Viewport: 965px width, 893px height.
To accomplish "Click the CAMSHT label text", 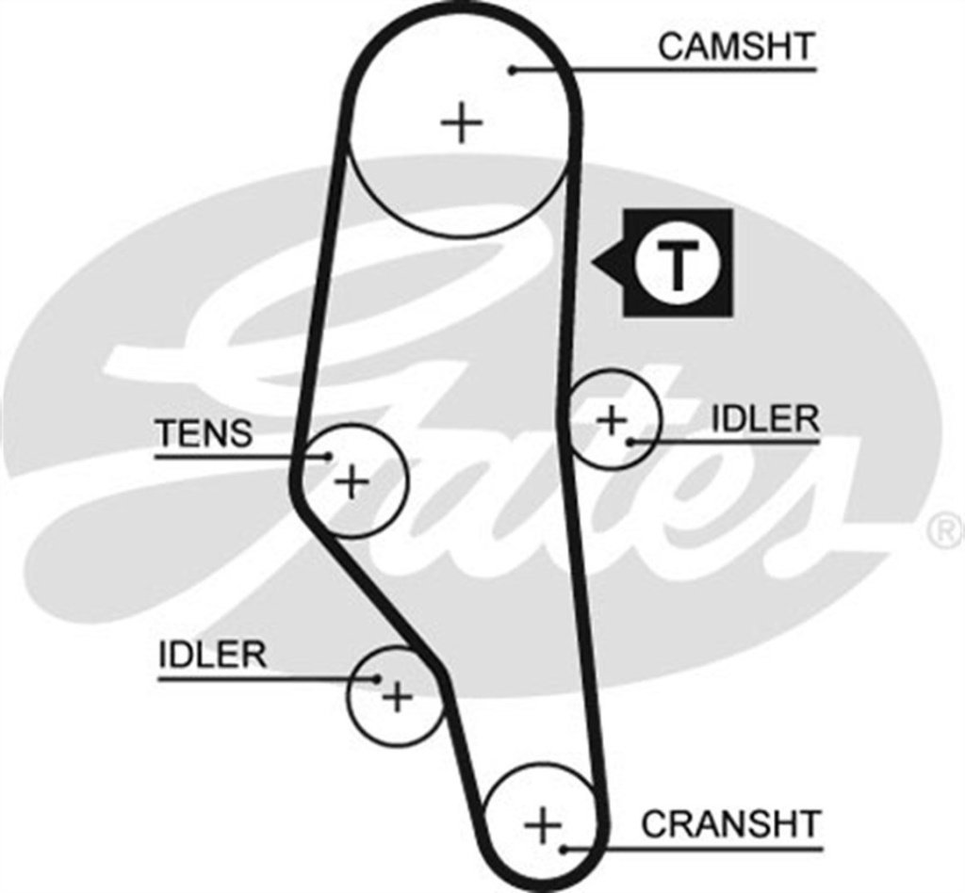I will (735, 46).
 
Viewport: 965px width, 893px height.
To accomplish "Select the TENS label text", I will (204, 433).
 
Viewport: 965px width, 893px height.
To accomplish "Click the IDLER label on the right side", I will (764, 419).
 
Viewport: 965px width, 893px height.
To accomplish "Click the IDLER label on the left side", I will (212, 656).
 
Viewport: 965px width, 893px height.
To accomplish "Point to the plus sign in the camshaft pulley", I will (462, 122).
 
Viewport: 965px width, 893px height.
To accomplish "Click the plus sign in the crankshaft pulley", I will (543, 826).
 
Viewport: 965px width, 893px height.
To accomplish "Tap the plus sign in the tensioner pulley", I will (352, 482).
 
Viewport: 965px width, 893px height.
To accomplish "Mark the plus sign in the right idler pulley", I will (612, 418).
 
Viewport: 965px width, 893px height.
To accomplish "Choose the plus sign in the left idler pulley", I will (397, 697).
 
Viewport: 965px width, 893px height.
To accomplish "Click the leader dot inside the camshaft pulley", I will (513, 69).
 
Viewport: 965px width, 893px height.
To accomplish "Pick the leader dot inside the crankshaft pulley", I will (563, 848).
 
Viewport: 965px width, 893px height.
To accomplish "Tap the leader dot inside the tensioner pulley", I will (328, 457).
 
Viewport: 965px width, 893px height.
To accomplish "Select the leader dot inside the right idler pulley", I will (629, 440).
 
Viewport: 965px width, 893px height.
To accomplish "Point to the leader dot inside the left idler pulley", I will (376, 677).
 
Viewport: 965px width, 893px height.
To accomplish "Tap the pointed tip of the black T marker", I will (593, 263).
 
